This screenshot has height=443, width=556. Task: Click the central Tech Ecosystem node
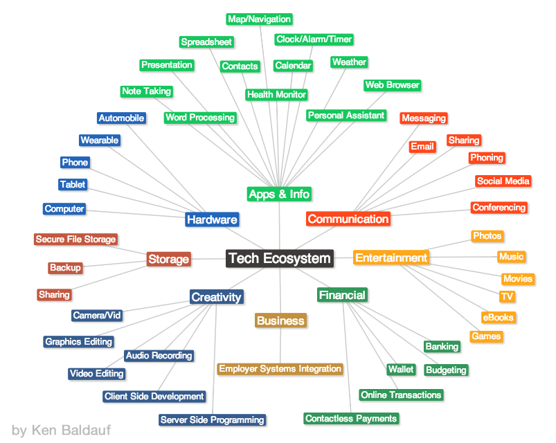tap(280, 259)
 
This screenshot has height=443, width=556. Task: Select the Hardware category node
tap(212, 220)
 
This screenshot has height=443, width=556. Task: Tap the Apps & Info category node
tap(279, 194)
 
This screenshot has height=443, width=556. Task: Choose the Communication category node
tap(348, 219)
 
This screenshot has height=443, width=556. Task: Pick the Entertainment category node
tap(391, 258)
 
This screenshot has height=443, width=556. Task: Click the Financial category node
tap(342, 296)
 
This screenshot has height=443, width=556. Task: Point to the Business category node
tap(280, 321)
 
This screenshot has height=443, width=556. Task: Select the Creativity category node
tap(217, 298)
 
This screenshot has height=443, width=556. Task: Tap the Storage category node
tap(168, 260)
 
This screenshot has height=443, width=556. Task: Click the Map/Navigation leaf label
tap(260, 19)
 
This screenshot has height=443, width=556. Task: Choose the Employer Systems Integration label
tap(280, 369)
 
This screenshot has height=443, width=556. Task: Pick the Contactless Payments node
tap(351, 419)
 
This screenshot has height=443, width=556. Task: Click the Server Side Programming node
tap(212, 419)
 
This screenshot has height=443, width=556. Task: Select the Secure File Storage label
tap(75, 239)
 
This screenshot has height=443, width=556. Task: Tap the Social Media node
tap(503, 181)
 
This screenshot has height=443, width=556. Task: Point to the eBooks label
tap(499, 318)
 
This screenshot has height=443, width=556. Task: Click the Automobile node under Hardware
tap(121, 118)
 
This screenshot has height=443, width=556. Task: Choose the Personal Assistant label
tap(346, 116)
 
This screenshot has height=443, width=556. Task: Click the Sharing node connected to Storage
tap(54, 295)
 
